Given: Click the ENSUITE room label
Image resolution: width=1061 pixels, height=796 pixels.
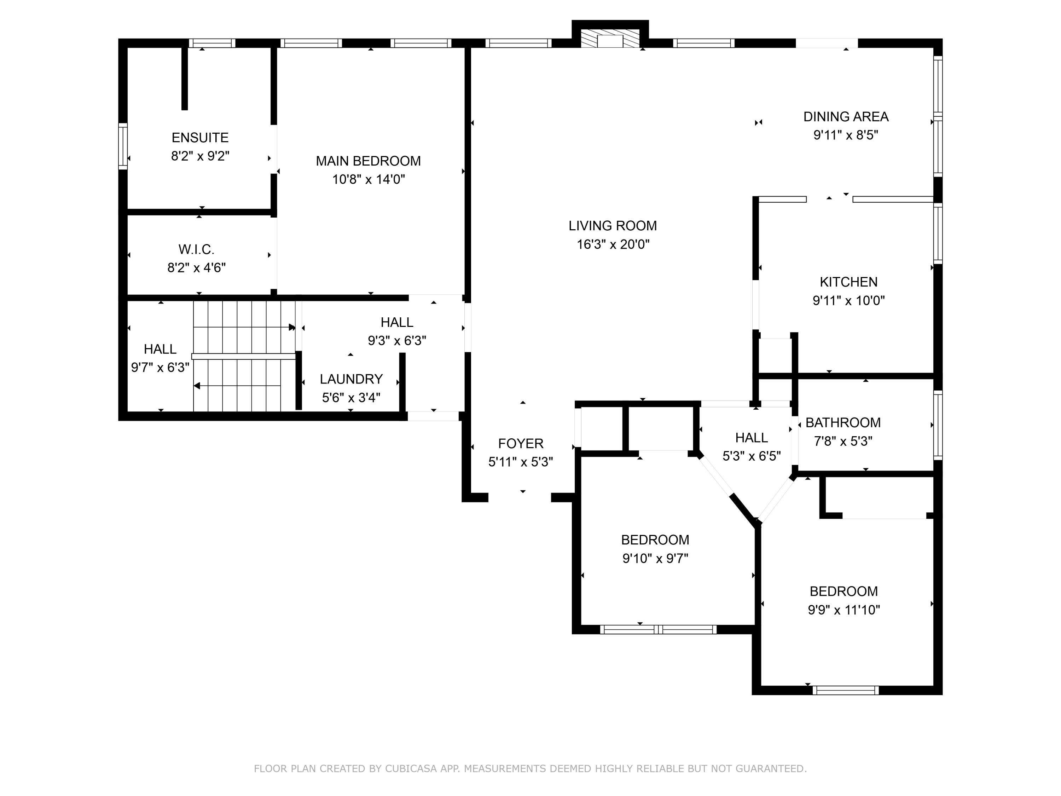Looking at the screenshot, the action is (x=200, y=138).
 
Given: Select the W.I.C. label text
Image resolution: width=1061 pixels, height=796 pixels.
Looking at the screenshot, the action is (x=196, y=249).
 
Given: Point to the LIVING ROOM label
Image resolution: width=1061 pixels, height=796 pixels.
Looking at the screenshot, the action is (x=613, y=225).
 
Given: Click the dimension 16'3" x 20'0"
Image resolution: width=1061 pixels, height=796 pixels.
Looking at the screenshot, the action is (x=613, y=244).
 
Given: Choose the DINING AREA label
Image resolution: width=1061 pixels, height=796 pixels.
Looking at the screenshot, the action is (x=846, y=117).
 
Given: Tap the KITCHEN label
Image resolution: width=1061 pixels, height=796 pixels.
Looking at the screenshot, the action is (x=848, y=282).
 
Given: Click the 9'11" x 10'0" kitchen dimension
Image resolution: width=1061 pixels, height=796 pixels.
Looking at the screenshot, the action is (x=848, y=300).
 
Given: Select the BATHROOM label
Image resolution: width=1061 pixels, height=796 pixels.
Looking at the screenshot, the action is (x=843, y=423).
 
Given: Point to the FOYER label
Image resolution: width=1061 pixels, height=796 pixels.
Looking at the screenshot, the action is (x=521, y=443).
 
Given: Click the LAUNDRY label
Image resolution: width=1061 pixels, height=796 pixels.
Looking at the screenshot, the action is (x=351, y=379).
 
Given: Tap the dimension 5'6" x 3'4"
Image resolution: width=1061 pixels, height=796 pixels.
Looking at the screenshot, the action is (x=351, y=397).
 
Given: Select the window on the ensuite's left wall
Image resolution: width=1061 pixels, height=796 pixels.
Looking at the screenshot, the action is (x=123, y=146).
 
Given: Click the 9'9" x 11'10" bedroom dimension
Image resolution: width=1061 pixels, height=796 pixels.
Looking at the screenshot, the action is (x=844, y=610).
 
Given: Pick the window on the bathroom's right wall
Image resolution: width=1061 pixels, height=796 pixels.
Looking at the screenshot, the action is (x=938, y=425).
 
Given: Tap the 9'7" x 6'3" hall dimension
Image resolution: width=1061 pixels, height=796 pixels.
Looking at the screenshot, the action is (x=160, y=368).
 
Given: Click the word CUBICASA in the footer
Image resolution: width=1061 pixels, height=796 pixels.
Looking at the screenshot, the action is (x=411, y=769).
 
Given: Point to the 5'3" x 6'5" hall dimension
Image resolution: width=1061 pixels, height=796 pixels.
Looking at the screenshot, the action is (x=752, y=456).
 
